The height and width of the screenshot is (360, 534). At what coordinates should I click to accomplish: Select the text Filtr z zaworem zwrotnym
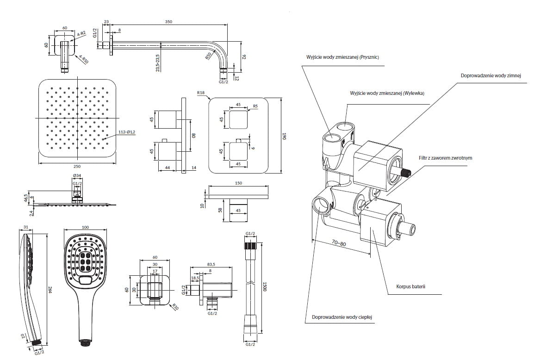445,158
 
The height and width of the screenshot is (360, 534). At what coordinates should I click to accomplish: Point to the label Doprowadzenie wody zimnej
491,75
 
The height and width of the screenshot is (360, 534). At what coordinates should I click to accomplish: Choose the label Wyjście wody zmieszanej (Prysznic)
342,57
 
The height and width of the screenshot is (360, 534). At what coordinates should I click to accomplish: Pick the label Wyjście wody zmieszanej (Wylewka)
387,93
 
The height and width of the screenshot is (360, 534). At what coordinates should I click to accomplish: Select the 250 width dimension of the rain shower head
77,167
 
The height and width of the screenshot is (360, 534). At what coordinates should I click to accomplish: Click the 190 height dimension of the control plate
286,136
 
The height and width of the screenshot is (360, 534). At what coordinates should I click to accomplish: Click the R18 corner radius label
200,93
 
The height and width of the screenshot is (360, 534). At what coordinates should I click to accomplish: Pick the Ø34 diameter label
77,175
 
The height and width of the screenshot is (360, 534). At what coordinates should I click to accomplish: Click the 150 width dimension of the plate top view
238,183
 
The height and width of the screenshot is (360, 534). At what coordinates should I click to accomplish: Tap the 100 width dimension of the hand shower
85,227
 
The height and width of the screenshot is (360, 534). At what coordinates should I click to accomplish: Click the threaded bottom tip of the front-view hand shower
85,343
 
